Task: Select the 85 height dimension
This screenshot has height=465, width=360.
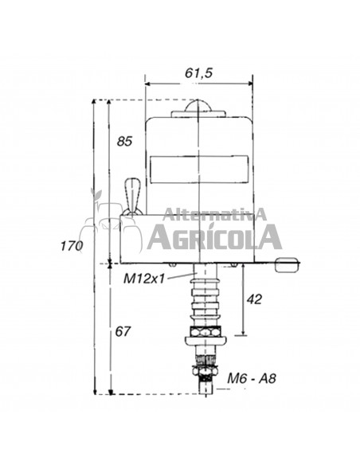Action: coord(123,143)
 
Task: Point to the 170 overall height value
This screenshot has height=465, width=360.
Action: coord(72,246)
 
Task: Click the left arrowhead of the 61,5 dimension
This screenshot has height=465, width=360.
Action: coord(148,82)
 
